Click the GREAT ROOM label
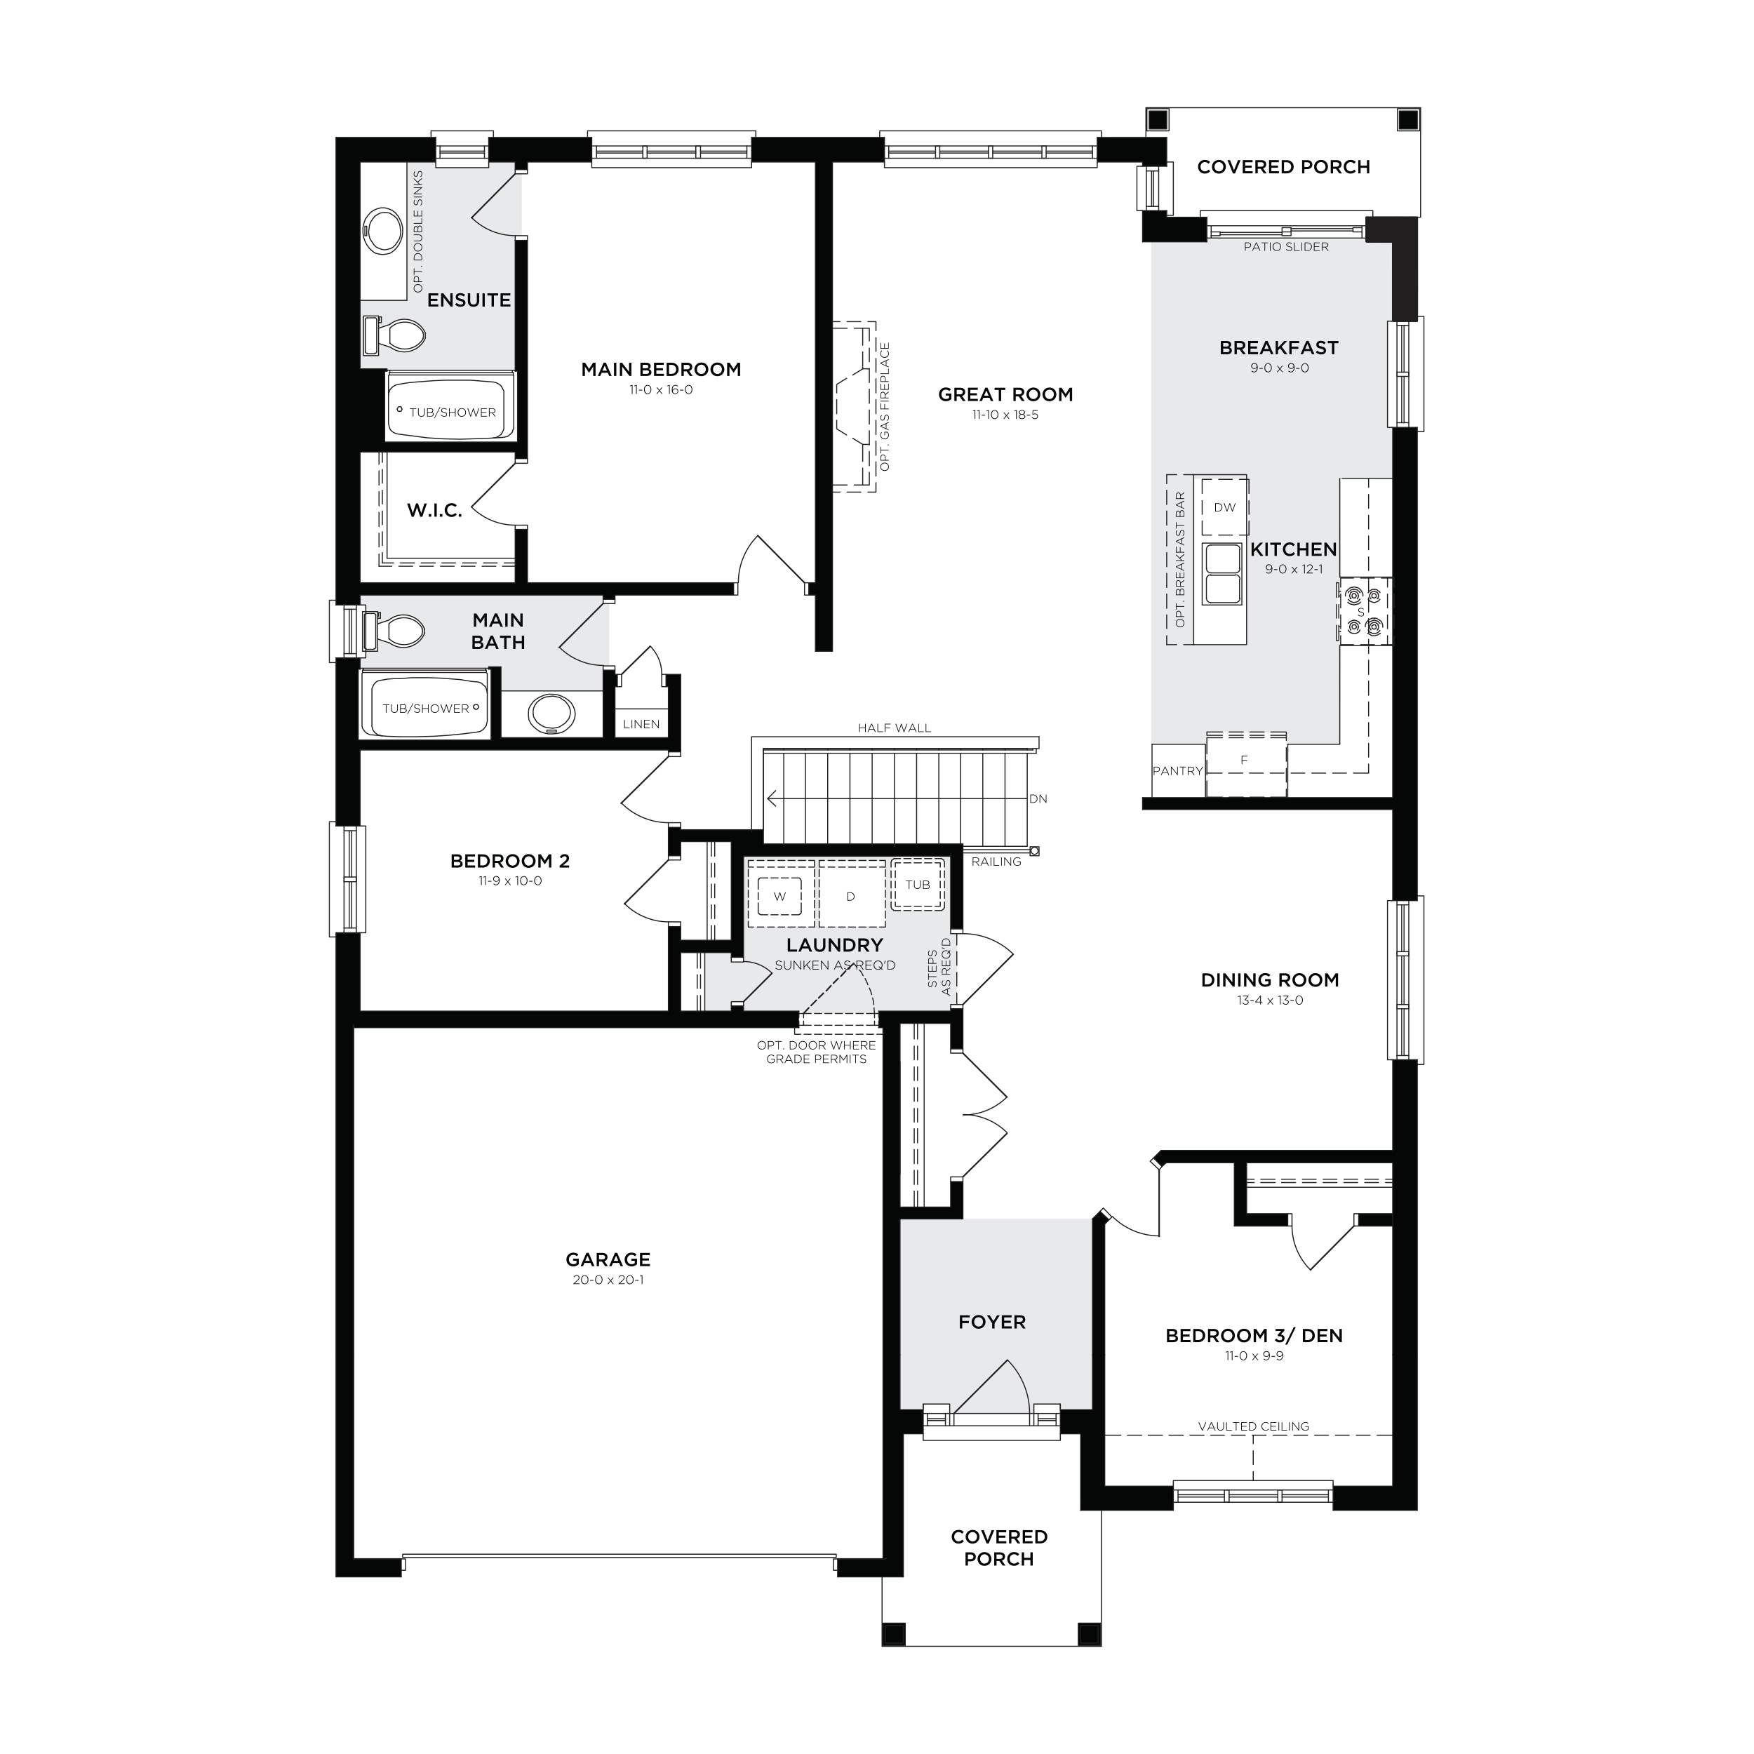(1005, 395)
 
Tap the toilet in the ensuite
(395, 336)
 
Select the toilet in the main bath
(394, 631)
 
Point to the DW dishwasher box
(1225, 507)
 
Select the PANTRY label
(1177, 771)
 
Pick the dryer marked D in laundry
(850, 895)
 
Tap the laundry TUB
(918, 884)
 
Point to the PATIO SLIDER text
(1287, 247)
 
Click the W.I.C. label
(435, 510)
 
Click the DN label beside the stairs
(1038, 799)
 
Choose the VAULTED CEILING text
(1254, 1426)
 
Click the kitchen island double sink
(1222, 574)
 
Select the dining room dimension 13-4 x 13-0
(1269, 1000)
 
